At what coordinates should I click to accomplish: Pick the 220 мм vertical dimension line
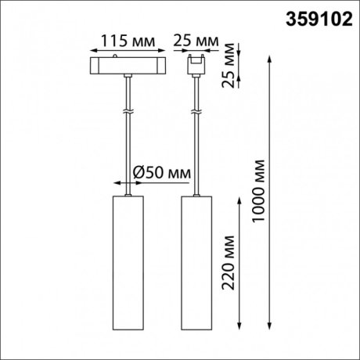(240, 266)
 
